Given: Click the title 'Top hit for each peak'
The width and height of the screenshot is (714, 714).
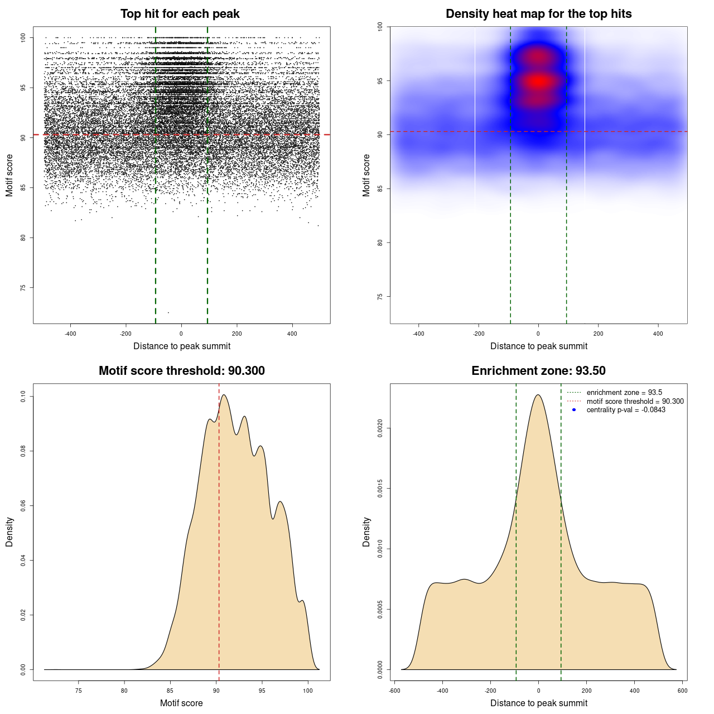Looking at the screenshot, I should click(x=180, y=14).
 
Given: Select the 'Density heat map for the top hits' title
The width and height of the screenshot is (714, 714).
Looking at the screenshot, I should click(x=538, y=14).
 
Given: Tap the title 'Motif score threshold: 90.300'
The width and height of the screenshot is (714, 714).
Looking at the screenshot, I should click(x=181, y=371).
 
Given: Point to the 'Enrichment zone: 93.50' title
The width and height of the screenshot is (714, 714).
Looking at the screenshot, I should click(x=538, y=371).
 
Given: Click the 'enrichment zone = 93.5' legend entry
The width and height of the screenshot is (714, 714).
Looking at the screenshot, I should click(x=624, y=393).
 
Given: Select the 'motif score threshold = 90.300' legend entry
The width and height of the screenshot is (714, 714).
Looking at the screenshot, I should click(x=635, y=402).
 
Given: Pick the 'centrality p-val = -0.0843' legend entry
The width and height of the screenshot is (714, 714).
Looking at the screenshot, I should click(x=626, y=410).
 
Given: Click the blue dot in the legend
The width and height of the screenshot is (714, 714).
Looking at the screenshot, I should click(x=574, y=410).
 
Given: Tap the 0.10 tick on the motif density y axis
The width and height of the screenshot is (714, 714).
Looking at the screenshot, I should click(x=23, y=397).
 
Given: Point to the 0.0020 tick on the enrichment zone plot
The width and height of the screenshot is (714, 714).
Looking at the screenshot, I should click(x=380, y=428).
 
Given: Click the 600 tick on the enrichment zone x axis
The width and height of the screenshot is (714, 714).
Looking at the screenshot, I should click(x=682, y=691).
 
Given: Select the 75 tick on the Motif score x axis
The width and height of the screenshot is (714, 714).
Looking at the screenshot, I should click(x=78, y=691).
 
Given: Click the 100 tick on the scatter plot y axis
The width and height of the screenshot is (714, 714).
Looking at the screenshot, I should click(x=23, y=37).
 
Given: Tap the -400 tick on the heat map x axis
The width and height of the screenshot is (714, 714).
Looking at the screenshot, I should click(x=418, y=334).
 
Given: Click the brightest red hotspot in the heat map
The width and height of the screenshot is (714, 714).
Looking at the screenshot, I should click(x=538, y=81).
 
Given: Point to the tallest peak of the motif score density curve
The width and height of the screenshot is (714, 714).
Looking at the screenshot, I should click(x=224, y=395).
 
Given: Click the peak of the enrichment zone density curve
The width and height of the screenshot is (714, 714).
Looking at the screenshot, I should click(x=538, y=395).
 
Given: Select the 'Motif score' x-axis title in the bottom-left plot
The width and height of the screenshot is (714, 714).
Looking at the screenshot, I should click(x=181, y=703).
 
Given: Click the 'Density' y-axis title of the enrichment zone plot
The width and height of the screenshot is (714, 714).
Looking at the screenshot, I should click(x=366, y=532).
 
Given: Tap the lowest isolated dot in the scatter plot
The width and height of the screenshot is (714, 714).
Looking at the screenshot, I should click(x=168, y=312).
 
